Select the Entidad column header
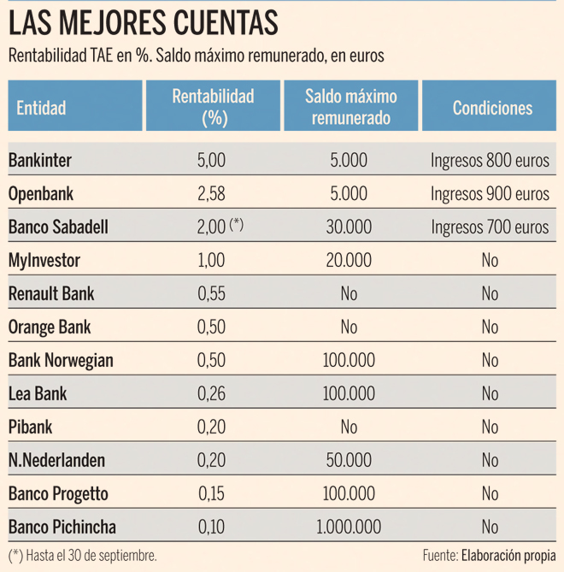click(41, 109)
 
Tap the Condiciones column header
click(492, 108)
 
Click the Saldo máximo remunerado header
click(350, 107)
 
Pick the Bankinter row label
click(40, 160)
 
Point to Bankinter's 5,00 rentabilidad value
click(211, 160)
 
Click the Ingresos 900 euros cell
click(490, 193)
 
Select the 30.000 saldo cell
click(349, 227)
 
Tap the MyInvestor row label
click(44, 260)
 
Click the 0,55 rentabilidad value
click(211, 293)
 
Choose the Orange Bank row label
click(50, 327)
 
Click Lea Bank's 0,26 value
click(211, 393)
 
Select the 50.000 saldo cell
click(349, 460)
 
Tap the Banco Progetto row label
click(58, 493)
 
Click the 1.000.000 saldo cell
click(349, 527)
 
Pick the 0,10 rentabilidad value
click(211, 527)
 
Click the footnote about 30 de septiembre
click(83, 554)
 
